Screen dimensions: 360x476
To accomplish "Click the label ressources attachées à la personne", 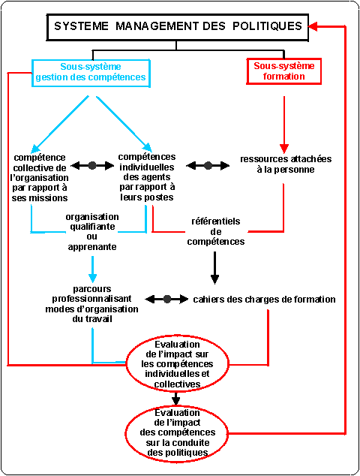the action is (x=286, y=164).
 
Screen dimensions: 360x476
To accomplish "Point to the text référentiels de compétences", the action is (x=216, y=231).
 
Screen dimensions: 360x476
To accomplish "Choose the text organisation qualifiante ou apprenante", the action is (x=92, y=232).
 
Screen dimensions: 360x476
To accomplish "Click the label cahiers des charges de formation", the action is (x=264, y=300).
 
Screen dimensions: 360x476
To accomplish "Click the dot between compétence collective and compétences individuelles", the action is (x=92, y=165).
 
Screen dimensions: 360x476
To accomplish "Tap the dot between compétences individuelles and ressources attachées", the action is (x=208, y=165).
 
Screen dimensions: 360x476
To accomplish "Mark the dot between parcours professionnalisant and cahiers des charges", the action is (x=167, y=299).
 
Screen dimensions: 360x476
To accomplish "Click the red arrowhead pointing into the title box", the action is (x=313, y=26).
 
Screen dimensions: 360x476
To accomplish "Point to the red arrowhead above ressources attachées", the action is (x=284, y=149).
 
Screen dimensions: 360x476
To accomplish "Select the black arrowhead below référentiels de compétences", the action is (x=214, y=279).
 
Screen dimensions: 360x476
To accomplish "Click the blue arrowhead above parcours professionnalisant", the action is (x=92, y=278).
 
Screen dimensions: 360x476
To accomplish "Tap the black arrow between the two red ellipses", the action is (x=176, y=399).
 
